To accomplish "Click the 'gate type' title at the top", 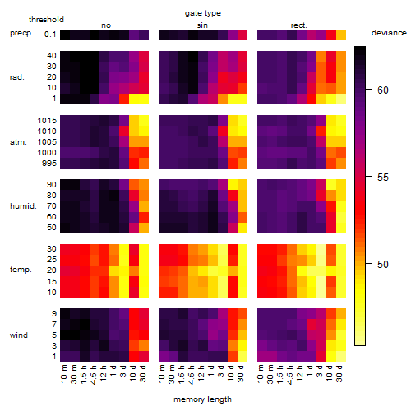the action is tap(203, 13).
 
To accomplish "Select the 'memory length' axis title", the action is tap(203, 399).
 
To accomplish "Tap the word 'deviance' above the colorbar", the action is tap(389, 33).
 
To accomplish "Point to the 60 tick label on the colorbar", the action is tap(383, 90).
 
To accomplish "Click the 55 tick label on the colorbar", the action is tap(383, 178).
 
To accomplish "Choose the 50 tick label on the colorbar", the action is tap(383, 265).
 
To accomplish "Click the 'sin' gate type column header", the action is tap(202, 25).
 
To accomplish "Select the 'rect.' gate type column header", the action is tap(299, 25).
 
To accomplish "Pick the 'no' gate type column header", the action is tap(106, 25).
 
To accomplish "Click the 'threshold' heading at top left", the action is tap(46, 20).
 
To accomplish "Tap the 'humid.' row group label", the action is tap(23, 206).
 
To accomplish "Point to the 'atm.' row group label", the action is tap(18, 142).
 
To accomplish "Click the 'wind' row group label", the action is tap(19, 335).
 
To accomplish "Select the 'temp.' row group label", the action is tap(21, 270).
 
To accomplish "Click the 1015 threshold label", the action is tap(47, 120).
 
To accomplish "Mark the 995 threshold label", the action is tap(49, 164).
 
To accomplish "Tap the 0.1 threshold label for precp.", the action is tap(50, 35).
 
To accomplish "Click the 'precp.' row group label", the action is tap(21, 33).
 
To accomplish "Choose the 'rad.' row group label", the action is tap(17, 77).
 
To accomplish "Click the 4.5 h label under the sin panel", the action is tap(192, 375).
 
